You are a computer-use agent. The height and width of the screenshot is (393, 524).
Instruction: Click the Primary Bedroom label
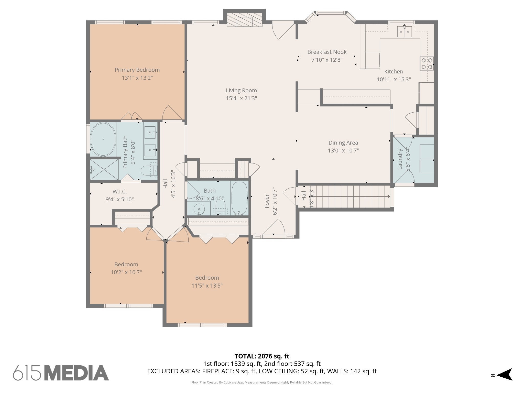pyautogui.click(x=137, y=70)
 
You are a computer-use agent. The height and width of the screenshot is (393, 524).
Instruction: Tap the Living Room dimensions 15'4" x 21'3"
pyautogui.click(x=241, y=98)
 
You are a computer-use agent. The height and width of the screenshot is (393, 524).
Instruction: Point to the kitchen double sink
pyautogui.click(x=404, y=32)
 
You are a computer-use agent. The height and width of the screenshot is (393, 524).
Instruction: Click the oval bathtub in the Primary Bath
pyautogui.click(x=103, y=139)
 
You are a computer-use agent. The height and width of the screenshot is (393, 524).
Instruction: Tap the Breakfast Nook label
pyautogui.click(x=327, y=52)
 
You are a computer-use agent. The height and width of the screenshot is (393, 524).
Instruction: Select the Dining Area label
pyautogui.click(x=343, y=143)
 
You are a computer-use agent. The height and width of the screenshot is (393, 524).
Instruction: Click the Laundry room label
pyautogui.click(x=400, y=159)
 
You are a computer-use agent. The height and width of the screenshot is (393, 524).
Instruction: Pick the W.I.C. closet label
pyautogui.click(x=120, y=192)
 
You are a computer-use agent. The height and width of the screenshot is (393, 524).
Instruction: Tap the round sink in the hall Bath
pyautogui.click(x=199, y=209)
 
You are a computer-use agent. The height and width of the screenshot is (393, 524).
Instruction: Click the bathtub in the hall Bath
pyautogui.click(x=239, y=198)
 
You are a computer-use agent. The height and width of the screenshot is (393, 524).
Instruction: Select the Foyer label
pyautogui.click(x=267, y=201)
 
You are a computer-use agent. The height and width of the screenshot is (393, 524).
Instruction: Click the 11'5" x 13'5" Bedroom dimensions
pyautogui.click(x=207, y=286)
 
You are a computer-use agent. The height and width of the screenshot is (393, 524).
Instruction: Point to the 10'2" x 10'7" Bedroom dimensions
pyautogui.click(x=126, y=272)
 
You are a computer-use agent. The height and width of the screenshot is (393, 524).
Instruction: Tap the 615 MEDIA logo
pyautogui.click(x=61, y=373)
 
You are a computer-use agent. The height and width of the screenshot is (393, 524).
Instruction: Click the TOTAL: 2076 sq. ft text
pyautogui.click(x=262, y=356)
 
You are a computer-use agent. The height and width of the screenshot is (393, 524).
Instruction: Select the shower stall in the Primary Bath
pyautogui.click(x=104, y=169)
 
